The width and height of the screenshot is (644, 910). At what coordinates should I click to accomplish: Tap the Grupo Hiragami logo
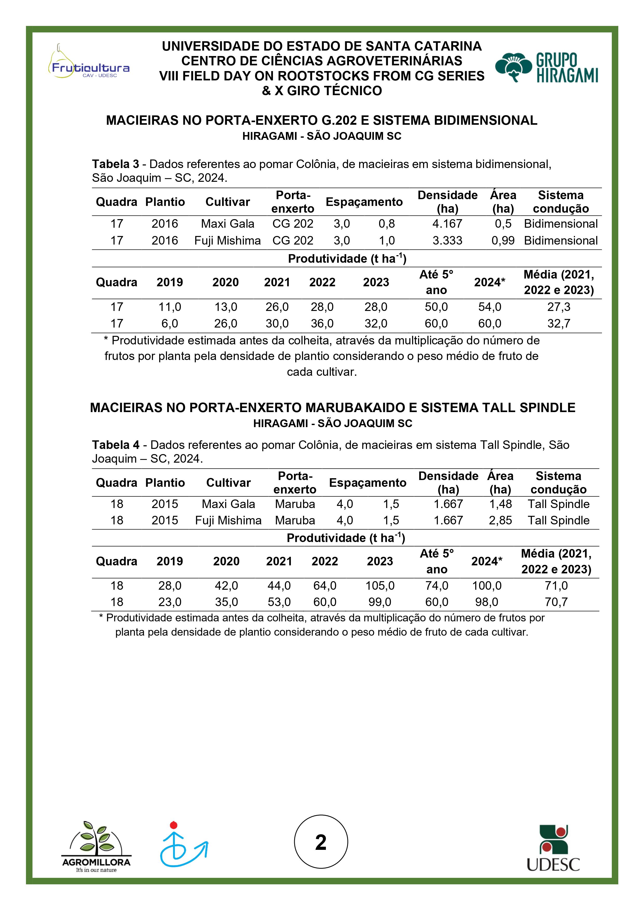(x=546, y=67)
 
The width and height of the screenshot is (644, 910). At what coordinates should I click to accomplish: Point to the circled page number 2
(x=321, y=842)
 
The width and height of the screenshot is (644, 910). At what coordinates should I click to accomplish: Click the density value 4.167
(x=447, y=224)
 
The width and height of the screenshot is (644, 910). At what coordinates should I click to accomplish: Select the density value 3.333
(x=447, y=241)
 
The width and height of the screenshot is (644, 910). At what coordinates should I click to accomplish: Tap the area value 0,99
(x=503, y=241)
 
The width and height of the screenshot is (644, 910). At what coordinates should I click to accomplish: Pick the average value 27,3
(x=559, y=307)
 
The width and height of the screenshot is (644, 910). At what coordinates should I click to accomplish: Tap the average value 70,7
(x=556, y=602)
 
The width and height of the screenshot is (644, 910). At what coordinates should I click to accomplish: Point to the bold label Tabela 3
(x=116, y=164)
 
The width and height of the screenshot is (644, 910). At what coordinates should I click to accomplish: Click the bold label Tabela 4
(x=116, y=445)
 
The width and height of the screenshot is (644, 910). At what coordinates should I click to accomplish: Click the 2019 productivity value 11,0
(x=170, y=307)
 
